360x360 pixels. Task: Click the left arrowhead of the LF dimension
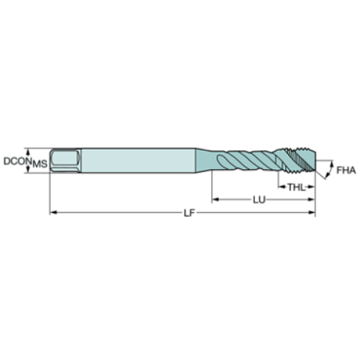pos(53,214)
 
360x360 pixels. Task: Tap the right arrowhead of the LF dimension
pos(312,214)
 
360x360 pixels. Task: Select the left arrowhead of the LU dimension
pos(215,199)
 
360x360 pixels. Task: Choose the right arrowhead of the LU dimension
pos(312,199)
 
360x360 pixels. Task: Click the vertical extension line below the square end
pos(49,195)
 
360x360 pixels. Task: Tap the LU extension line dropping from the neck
pos(212,187)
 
